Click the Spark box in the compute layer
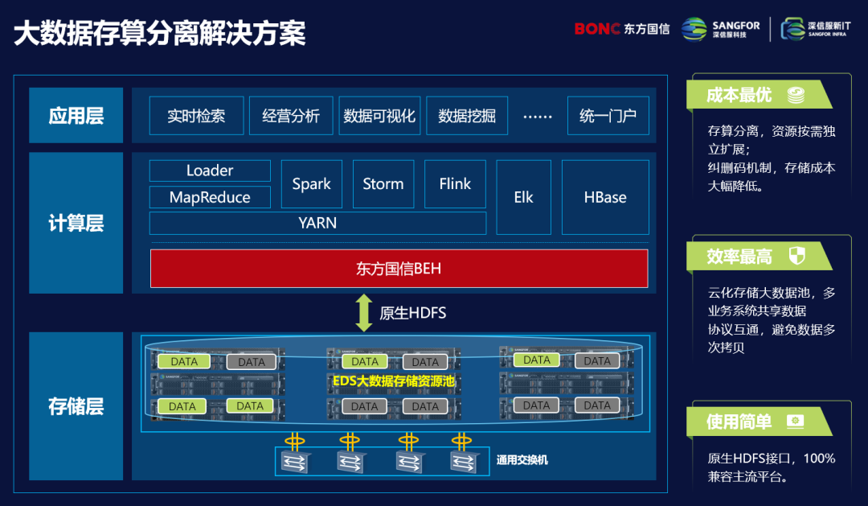[x=312, y=184]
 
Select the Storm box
[x=383, y=184]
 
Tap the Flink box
[x=455, y=184]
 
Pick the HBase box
[x=605, y=197]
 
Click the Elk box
[x=524, y=197]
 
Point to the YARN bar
[x=317, y=223]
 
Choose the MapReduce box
[x=210, y=197]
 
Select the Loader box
[x=210, y=171]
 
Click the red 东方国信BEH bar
[x=399, y=269]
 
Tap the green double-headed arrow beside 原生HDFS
[x=364, y=313]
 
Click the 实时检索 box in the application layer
[x=196, y=116]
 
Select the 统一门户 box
[x=608, y=116]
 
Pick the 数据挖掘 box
[x=466, y=116]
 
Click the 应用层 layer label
[x=76, y=116]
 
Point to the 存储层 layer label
[x=76, y=406]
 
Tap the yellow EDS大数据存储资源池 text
[x=395, y=382]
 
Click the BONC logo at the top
[x=597, y=29]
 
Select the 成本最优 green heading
[x=739, y=95]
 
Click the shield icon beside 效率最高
[x=796, y=257]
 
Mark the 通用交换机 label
[x=522, y=461]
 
